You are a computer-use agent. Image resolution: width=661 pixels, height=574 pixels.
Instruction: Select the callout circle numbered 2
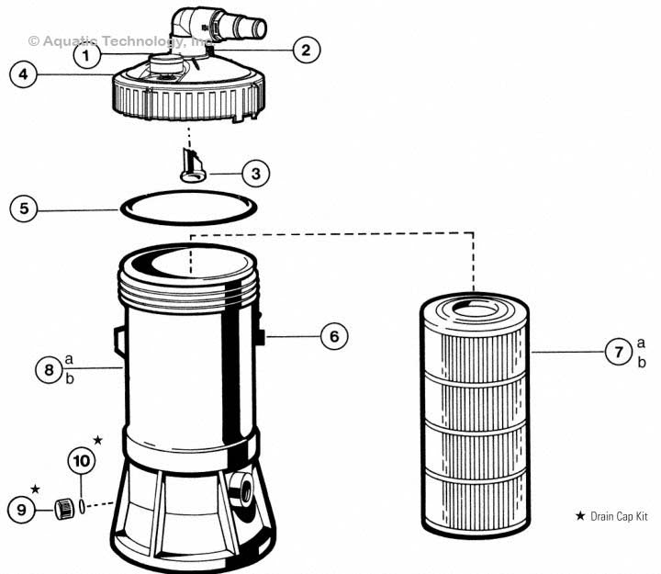point(306,50)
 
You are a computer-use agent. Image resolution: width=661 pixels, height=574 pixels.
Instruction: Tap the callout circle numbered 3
point(256,172)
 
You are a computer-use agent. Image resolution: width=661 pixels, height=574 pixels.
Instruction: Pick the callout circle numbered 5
point(25,208)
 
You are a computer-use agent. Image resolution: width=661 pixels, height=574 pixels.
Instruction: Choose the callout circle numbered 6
point(334,337)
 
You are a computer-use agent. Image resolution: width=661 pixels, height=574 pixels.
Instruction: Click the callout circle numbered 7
point(618,351)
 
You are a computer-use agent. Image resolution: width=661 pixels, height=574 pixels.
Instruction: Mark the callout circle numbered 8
point(49,370)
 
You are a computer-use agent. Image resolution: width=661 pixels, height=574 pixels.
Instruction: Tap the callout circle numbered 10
point(81,460)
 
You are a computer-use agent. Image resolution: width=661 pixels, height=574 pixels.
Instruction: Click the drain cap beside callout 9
point(63,508)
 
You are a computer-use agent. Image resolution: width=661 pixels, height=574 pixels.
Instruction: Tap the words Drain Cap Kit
point(619,517)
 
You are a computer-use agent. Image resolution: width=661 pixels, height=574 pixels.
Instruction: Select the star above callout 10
point(98,441)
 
